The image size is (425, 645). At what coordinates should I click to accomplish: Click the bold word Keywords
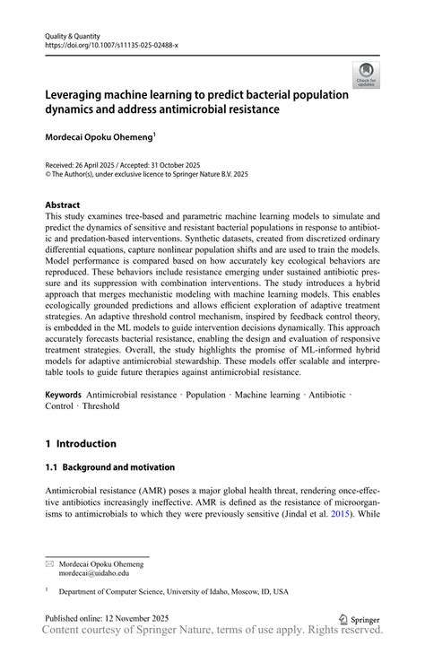[64, 395]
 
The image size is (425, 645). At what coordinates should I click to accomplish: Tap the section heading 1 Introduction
[81, 443]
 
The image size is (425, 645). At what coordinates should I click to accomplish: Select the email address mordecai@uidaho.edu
[94, 572]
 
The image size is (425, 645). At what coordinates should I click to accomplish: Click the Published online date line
[102, 620]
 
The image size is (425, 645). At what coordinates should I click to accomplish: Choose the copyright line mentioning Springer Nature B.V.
[147, 175]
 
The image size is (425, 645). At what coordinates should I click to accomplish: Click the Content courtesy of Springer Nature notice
[212, 633]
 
